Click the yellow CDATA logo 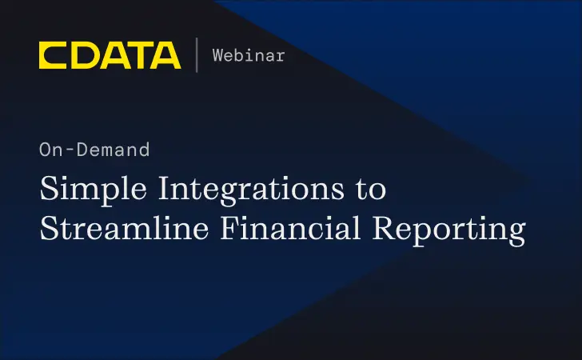110,55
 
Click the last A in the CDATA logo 165,55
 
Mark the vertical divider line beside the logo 197,55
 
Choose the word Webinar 249,55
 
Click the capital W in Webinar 218,55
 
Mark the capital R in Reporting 391,228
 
